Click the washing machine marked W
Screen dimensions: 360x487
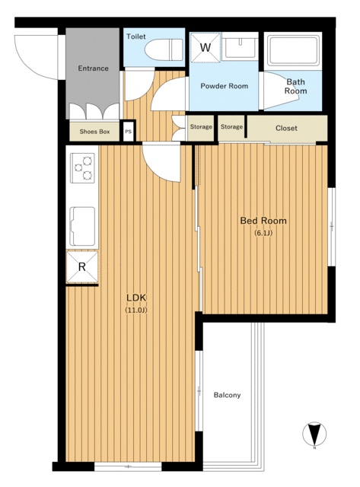[205, 48]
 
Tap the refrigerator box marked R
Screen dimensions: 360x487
[82, 267]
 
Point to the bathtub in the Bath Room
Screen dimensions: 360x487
[293, 51]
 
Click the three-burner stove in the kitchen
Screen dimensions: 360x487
[82, 167]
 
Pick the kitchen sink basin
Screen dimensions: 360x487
[82, 227]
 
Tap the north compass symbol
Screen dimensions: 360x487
[314, 434]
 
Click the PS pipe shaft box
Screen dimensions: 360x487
[129, 132]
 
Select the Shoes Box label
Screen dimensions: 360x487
[94, 132]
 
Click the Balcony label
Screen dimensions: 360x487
[227, 395]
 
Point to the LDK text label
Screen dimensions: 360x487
[136, 298]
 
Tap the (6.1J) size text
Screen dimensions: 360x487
[263, 233]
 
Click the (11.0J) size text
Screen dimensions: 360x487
[136, 310]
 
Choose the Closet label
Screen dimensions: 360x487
[286, 129]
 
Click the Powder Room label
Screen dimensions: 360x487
[225, 86]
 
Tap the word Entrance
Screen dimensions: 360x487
[93, 68]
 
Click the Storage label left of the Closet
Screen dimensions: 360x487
[231, 127]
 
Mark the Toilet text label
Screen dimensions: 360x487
[136, 37]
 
